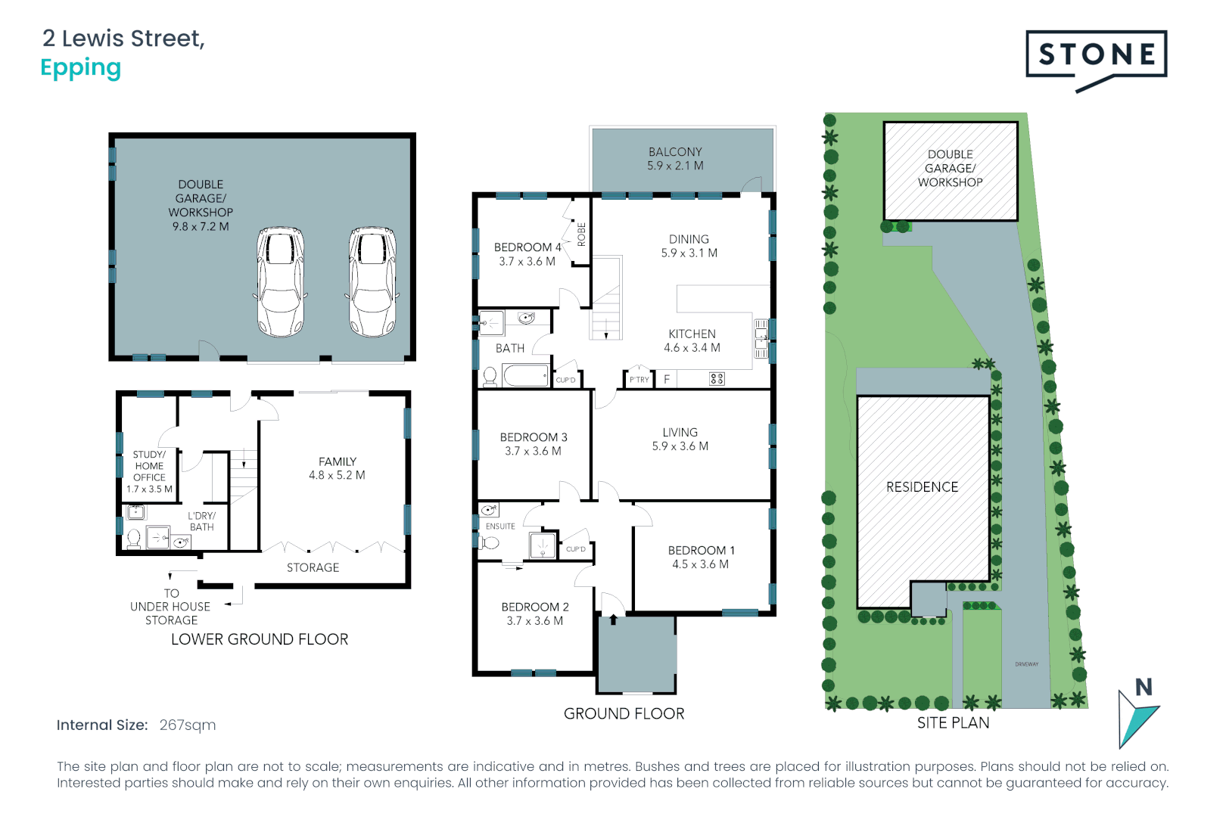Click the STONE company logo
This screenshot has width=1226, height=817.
pos(1096,55)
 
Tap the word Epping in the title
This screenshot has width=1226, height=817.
pos(80,68)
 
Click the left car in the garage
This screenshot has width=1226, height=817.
pos(281,281)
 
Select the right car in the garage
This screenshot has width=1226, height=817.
pos(372,281)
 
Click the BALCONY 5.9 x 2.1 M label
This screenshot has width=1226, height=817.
pos(675,159)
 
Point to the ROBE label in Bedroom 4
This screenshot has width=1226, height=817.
pos(581,235)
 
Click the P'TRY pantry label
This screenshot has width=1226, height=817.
pos(639,380)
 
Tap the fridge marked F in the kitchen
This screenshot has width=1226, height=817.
pos(667,379)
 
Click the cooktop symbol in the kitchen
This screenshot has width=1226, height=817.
pos(717,379)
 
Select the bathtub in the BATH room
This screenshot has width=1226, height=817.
pos(525,375)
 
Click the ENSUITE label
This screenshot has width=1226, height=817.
pos(500,527)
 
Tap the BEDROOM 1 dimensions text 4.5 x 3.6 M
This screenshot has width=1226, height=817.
pos(700,564)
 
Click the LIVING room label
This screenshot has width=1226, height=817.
pos(680,433)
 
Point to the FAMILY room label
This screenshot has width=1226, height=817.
pos(337,461)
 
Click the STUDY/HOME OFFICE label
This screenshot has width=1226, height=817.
pos(149,466)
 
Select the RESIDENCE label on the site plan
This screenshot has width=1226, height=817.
pos(922,487)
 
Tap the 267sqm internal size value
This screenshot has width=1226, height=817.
pos(187,725)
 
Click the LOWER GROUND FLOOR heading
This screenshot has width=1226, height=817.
pos(260,639)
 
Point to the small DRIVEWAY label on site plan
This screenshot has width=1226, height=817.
pos(1026,664)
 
